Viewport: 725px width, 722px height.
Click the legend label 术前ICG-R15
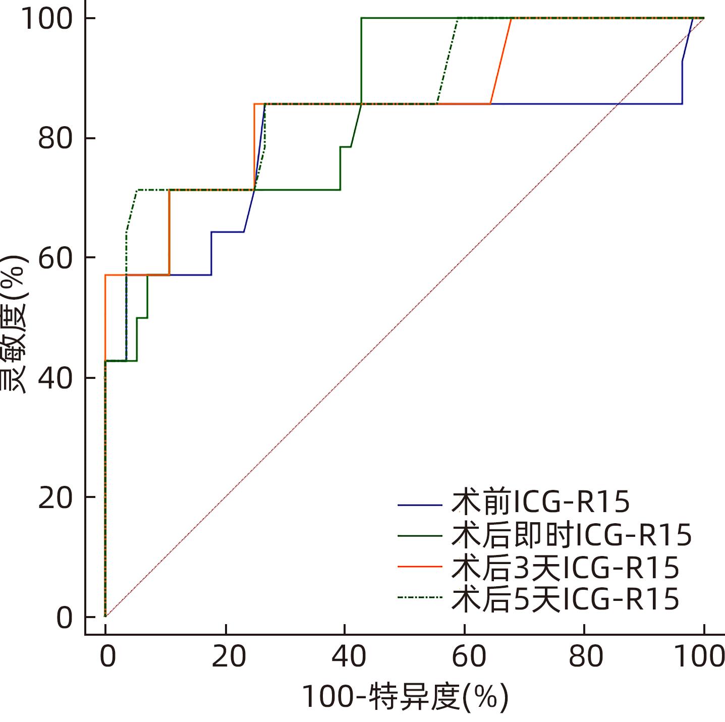point(541,502)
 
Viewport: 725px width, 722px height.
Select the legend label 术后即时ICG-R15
point(572,535)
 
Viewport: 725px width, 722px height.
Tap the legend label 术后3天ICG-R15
point(566,567)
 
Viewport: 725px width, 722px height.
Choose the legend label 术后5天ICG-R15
point(566,599)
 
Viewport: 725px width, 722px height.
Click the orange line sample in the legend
point(420,567)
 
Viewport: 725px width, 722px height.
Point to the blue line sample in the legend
point(420,504)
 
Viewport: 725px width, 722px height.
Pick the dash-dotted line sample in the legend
point(420,598)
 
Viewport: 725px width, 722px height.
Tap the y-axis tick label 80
point(56,138)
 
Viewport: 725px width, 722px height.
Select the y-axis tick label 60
point(56,258)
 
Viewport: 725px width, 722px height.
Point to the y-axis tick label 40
point(56,378)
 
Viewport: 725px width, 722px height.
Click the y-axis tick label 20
point(56,497)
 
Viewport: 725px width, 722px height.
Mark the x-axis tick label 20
point(229,657)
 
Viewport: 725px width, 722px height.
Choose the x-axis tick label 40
point(348,657)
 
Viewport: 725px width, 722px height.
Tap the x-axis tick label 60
point(468,657)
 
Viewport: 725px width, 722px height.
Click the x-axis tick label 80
point(587,657)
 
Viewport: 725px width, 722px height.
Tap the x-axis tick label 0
point(107,657)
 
